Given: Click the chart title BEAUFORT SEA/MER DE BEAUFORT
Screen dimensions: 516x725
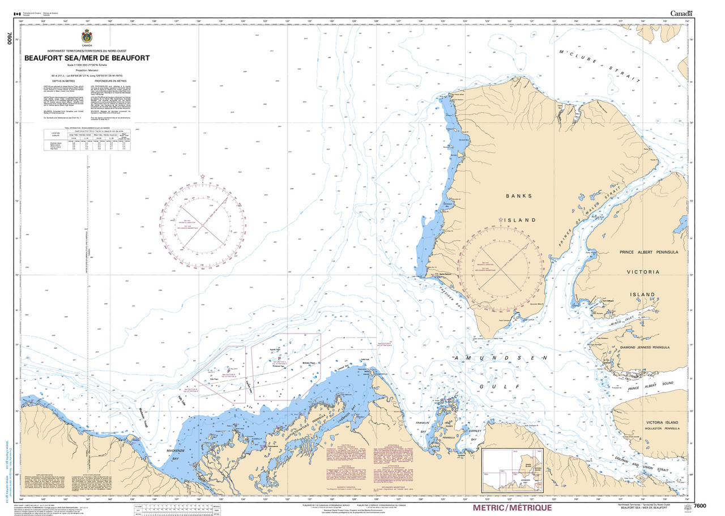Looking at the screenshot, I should pyautogui.click(x=87, y=58).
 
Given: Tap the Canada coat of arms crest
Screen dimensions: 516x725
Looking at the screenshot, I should pyautogui.click(x=87, y=37).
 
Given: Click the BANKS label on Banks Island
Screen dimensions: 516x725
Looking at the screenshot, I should pyautogui.click(x=519, y=196).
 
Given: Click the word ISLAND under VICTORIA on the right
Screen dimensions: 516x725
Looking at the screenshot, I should pyautogui.click(x=642, y=295).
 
